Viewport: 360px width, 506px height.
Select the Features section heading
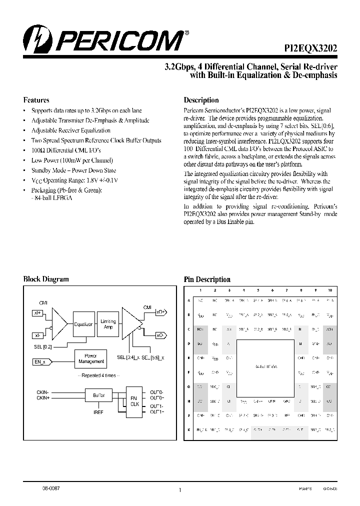[x=36, y=99]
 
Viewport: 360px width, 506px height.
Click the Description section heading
[x=201, y=100]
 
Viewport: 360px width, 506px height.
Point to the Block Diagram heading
[x=46, y=279]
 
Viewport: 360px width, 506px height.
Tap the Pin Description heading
[x=207, y=279]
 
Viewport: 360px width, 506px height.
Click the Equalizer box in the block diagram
[x=83, y=324]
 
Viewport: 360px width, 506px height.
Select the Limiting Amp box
[x=108, y=324]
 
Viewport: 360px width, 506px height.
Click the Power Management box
[x=91, y=358]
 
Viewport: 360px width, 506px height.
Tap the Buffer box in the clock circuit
[x=98, y=395]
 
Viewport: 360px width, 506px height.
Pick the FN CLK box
[x=134, y=400]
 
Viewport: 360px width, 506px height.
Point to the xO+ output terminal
[x=161, y=311]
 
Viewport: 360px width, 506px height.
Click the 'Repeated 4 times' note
[x=98, y=375]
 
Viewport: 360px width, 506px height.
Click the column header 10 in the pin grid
[x=329, y=290]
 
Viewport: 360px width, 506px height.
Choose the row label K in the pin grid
[x=188, y=430]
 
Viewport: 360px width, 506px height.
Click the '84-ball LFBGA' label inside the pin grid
[x=265, y=366]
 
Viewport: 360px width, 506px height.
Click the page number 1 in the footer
[x=179, y=490]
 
